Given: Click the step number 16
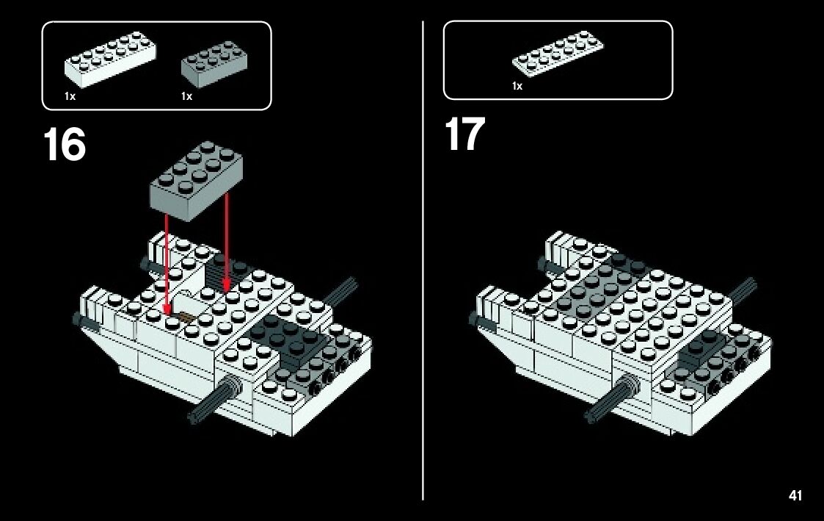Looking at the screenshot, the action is pos(65,145).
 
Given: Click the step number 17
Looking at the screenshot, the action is pos(464,134).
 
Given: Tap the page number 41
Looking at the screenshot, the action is pos(795,496).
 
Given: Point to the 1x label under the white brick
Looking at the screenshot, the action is pos(70,96).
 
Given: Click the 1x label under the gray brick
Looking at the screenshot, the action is pos(186,96).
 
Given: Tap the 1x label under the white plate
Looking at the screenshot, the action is pos(517,86).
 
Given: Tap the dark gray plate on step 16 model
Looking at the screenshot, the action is pos(286,338).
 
